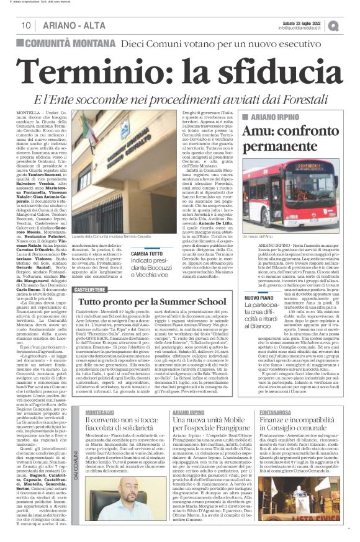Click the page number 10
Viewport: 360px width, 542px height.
click(x=25, y=25)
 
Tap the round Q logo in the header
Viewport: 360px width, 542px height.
click(x=351, y=25)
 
